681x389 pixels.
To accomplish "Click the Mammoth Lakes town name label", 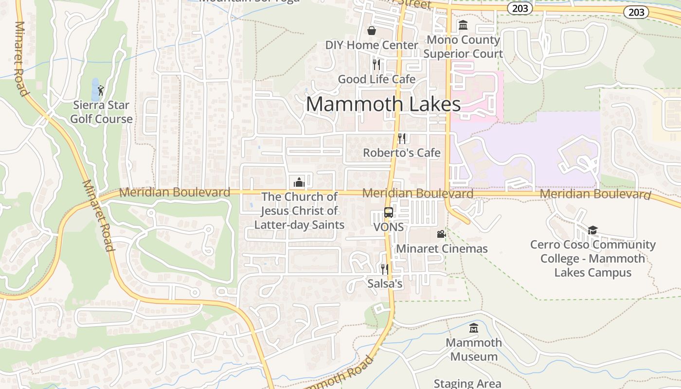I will [x=383, y=104].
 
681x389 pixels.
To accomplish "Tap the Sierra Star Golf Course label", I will [x=101, y=112].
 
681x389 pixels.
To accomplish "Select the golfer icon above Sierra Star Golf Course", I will [x=101, y=90].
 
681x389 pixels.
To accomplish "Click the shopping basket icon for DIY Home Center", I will [x=372, y=31].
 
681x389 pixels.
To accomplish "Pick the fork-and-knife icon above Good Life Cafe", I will [x=376, y=65].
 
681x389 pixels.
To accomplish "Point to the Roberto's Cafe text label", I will [x=402, y=153].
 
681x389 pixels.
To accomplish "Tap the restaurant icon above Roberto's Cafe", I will [x=402, y=139].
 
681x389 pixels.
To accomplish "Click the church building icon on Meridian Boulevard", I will [x=299, y=182].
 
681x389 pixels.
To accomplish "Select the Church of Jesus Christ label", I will [x=299, y=211].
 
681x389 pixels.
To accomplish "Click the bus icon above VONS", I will [x=389, y=212].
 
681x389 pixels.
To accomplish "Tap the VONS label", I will [x=389, y=227].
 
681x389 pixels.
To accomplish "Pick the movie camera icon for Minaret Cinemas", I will [x=441, y=234].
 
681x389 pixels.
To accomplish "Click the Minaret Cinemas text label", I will [x=442, y=249].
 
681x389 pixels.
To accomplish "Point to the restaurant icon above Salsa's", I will [x=385, y=269].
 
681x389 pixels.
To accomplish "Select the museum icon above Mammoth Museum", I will [x=474, y=328].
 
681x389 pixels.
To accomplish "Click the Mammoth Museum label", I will [x=474, y=350].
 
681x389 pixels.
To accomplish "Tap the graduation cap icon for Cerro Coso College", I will [x=592, y=230].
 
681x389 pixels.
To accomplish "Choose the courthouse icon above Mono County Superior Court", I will [x=463, y=25].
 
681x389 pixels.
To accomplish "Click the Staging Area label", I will [x=467, y=384].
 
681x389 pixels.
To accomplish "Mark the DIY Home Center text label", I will [x=372, y=45].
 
